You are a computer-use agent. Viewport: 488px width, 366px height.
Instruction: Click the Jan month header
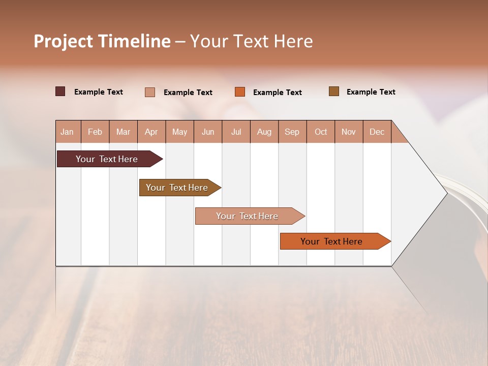coord(67,132)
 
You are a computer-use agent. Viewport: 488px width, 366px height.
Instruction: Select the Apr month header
coord(151,132)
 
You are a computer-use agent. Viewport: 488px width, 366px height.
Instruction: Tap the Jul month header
coord(236,132)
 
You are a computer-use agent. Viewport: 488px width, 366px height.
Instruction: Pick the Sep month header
coord(292,132)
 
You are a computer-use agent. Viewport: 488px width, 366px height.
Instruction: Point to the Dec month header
coord(377,132)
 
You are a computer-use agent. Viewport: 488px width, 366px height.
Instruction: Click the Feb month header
coord(95,132)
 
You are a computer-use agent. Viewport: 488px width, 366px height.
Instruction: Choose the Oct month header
coord(321,132)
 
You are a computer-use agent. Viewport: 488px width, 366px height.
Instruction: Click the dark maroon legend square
coord(60,91)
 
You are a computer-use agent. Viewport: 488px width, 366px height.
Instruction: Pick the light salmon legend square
coord(150,92)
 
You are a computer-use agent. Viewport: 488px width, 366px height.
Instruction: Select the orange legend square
coord(240,92)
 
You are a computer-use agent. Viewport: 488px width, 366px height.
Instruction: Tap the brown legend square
coord(334,91)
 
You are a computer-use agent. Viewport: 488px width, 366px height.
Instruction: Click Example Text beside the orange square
coord(277,93)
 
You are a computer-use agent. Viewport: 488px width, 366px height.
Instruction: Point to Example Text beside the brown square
coord(371,92)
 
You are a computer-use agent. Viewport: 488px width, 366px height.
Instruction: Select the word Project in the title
coord(63,41)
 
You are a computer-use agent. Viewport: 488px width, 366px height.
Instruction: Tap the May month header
coord(179,132)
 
